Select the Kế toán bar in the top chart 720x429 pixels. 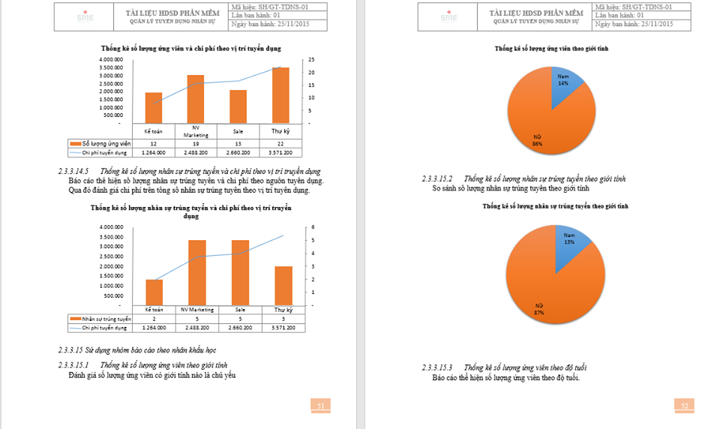tap(153, 108)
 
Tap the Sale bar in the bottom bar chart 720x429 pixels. tap(240, 272)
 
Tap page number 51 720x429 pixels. tap(320, 406)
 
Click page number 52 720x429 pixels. tap(684, 406)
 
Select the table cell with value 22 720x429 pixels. tap(280, 143)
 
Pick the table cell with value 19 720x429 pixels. tap(196, 143)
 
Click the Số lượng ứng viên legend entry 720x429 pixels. tap(100, 143)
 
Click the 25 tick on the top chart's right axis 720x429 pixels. tap(311, 59)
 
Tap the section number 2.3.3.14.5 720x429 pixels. tap(76, 172)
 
